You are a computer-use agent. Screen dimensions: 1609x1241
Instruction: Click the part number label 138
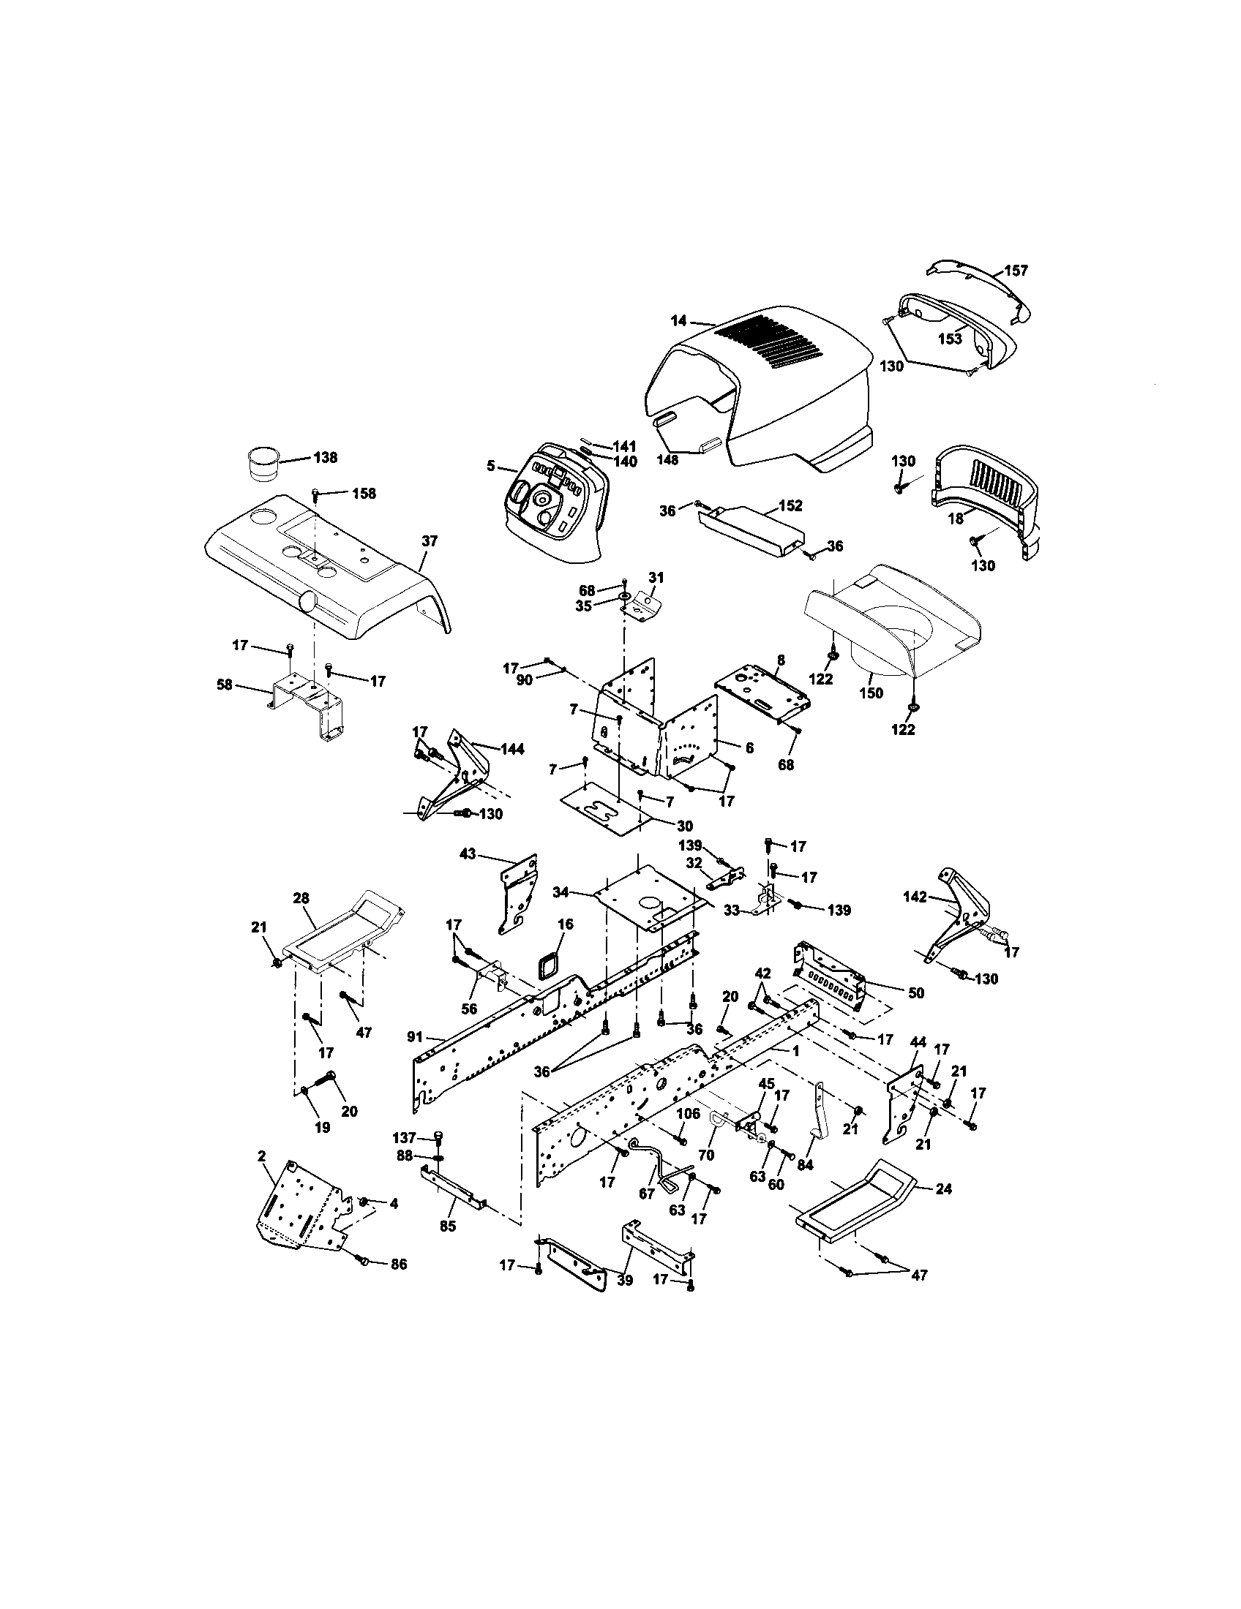326,458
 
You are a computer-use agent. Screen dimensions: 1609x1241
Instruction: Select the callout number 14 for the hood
679,320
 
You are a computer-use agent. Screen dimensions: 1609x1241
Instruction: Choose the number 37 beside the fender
430,540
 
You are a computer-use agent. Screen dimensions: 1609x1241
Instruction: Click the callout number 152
790,506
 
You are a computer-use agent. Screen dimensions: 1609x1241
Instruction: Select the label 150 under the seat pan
871,693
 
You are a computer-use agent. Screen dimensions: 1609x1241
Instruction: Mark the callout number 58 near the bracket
225,685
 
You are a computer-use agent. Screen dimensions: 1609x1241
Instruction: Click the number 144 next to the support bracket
512,749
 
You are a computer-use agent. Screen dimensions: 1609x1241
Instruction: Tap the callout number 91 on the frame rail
414,1036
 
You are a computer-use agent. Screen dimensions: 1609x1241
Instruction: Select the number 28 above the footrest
301,898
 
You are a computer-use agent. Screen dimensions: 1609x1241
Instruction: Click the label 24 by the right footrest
943,1188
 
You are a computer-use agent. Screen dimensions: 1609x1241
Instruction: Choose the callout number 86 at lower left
398,1265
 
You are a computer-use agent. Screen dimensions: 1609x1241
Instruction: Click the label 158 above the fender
364,493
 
